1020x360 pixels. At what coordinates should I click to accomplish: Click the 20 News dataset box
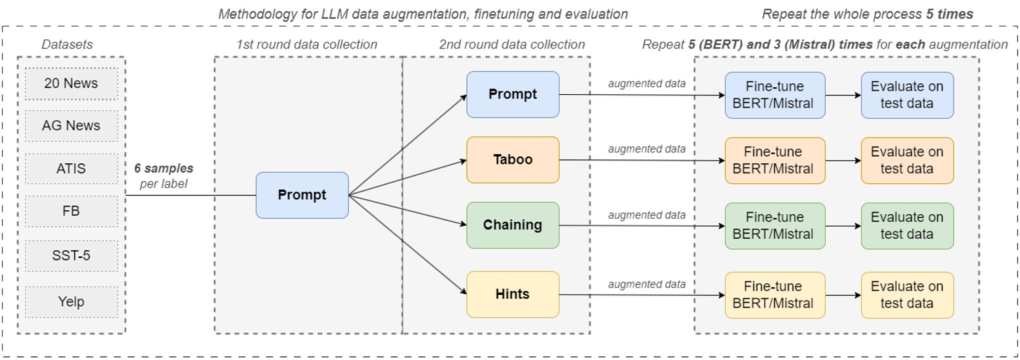tap(71, 83)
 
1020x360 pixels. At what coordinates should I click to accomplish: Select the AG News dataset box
tap(71, 126)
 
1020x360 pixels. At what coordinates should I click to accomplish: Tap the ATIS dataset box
tap(71, 168)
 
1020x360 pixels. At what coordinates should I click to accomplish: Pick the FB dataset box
tap(71, 211)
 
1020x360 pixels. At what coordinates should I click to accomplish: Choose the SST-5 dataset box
tap(71, 255)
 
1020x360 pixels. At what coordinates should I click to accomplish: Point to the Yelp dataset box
tap(71, 301)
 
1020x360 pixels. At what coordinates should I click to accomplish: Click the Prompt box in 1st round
tap(302, 195)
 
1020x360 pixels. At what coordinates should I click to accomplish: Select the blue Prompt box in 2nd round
tap(512, 94)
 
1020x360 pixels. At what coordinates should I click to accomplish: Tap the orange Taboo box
tap(512, 159)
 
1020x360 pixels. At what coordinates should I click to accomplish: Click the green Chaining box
tap(512, 225)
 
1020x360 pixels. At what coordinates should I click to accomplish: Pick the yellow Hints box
tap(512, 294)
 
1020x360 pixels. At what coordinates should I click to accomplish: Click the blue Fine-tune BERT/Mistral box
tap(774, 95)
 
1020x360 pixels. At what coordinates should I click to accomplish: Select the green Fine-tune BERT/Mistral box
tap(774, 226)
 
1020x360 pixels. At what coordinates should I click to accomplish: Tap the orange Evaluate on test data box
tap(906, 160)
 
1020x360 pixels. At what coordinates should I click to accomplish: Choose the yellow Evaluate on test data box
tap(906, 295)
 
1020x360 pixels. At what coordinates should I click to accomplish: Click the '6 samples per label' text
tap(164, 176)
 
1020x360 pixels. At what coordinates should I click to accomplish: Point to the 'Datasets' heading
tap(67, 45)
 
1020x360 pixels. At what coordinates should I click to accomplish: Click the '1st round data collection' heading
tap(306, 45)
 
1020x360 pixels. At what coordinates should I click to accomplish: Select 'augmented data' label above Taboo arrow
tap(646, 149)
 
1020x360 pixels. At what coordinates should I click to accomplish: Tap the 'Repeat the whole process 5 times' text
tap(867, 14)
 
